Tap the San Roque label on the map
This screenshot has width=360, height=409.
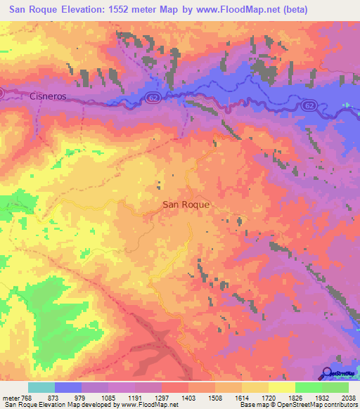(x=186, y=204)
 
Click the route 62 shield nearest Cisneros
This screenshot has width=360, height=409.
(x=153, y=98)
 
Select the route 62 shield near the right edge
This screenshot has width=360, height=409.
(x=309, y=105)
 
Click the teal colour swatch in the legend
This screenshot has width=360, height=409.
(x=41, y=387)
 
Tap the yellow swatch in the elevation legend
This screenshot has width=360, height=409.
(x=281, y=387)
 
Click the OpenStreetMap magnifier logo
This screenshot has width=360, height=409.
(x=328, y=374)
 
